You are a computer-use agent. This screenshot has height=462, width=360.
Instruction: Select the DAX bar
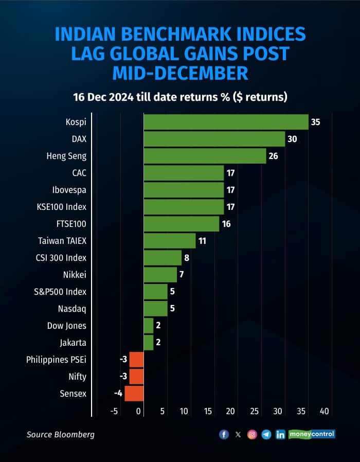tap(214, 139)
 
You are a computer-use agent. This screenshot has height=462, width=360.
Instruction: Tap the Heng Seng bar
tap(205, 156)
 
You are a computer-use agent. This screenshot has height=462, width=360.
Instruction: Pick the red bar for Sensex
tap(134, 394)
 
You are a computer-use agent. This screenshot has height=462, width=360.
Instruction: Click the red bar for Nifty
tap(136, 377)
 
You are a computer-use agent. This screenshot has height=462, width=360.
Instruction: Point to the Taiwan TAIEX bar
tap(170, 241)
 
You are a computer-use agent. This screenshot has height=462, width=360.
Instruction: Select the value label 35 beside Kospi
tap(315, 122)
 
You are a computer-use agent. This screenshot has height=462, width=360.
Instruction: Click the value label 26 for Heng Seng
tap(273, 156)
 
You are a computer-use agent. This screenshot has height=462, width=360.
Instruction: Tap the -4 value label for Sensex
tap(118, 394)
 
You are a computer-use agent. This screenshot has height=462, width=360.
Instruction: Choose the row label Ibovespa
tap(69, 190)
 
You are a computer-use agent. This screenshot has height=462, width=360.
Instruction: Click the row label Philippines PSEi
tap(57, 360)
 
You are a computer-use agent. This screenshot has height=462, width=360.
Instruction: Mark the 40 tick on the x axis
tap(325, 412)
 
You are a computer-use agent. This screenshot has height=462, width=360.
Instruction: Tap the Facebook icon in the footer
tap(224, 435)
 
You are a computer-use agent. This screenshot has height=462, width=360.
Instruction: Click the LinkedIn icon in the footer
tap(280, 435)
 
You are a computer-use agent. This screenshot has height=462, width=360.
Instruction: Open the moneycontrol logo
tap(312, 434)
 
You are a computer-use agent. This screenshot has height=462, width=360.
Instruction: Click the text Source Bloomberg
tap(61, 435)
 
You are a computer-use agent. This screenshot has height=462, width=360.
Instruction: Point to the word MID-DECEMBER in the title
tap(180, 73)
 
